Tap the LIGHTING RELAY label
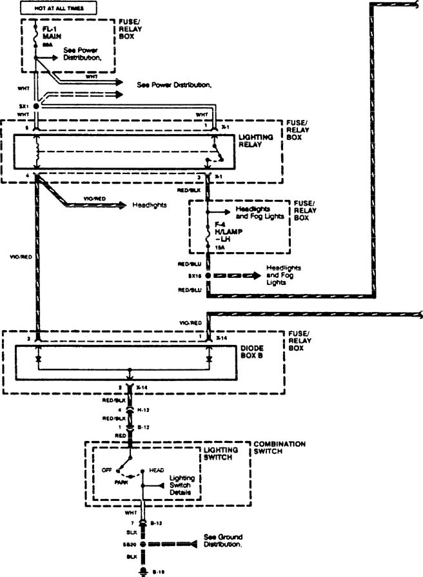point(256,141)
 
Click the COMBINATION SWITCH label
point(279,447)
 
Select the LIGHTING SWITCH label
point(222,453)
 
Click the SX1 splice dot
point(37,105)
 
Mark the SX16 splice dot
point(208,275)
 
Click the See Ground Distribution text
point(223,540)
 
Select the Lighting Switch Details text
point(184,485)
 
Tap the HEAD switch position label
point(156,470)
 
